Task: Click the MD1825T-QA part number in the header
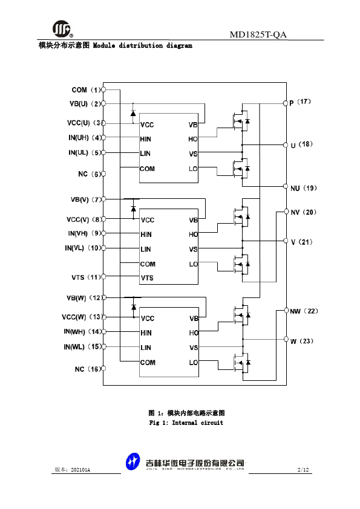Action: click(x=258, y=34)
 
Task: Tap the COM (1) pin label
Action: click(x=87, y=89)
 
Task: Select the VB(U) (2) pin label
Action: click(x=85, y=104)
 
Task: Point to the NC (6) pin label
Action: click(x=90, y=174)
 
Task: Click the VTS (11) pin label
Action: click(x=87, y=277)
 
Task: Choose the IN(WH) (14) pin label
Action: click(x=83, y=332)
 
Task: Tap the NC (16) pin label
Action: click(x=88, y=369)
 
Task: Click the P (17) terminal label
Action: click(x=300, y=102)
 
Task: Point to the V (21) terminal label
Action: click(x=302, y=242)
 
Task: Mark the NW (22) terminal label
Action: click(x=304, y=311)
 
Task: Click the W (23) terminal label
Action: click(x=302, y=341)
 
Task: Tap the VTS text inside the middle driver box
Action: click(x=147, y=278)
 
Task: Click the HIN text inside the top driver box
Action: click(x=146, y=139)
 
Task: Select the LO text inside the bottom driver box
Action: click(x=194, y=363)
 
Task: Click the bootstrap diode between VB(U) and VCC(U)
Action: click(x=133, y=113)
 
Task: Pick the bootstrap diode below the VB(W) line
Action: click(x=134, y=306)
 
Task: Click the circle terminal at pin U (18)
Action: click(x=286, y=144)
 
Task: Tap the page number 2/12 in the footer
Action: click(x=303, y=470)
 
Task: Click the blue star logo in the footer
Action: click(x=133, y=462)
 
